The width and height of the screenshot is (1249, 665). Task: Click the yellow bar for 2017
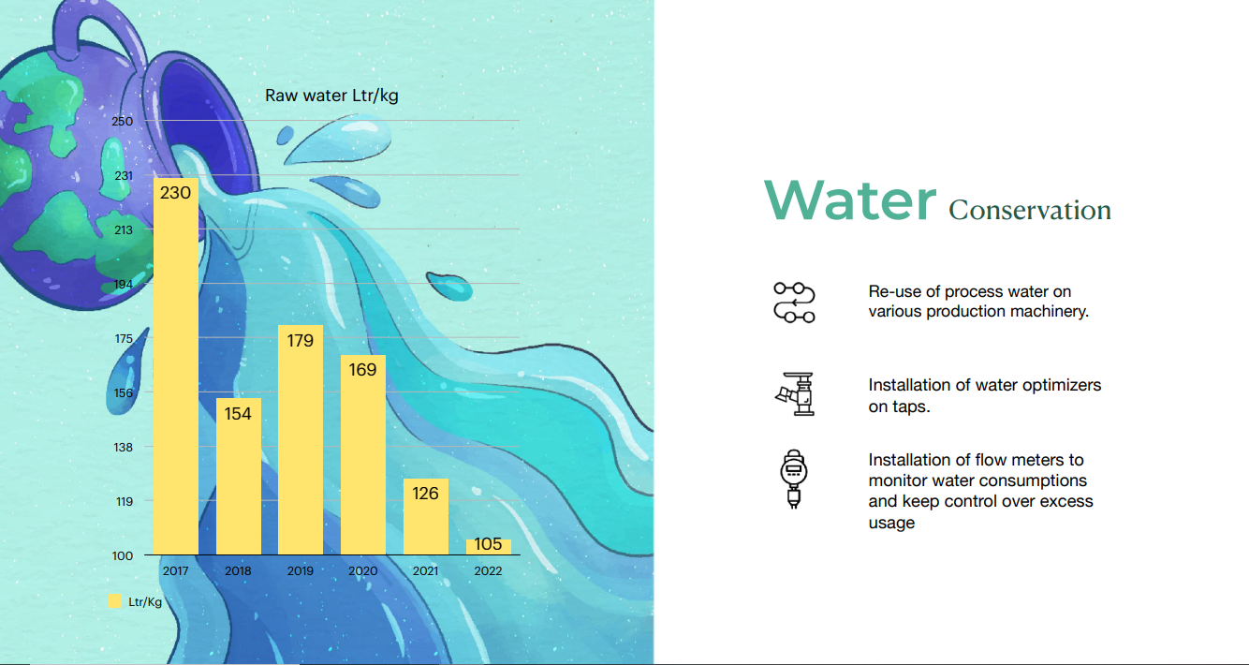176,366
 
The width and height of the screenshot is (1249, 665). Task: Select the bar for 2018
238,477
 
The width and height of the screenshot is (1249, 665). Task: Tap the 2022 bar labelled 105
489,547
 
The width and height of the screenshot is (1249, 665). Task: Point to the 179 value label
301,340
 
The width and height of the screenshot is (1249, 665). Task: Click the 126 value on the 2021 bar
425,494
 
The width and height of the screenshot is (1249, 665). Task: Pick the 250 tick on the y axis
122,121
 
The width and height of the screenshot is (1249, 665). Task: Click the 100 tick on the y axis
122,555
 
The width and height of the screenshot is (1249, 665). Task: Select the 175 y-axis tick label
124,339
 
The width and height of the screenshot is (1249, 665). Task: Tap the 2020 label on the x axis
363,570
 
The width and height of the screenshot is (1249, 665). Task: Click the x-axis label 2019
301,570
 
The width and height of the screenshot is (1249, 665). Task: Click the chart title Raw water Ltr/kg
331,96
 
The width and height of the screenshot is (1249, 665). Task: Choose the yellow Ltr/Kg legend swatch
115,601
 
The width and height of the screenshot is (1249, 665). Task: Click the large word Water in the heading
850,200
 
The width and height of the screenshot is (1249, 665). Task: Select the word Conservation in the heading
1030,211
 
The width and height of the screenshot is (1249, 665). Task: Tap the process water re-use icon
795,303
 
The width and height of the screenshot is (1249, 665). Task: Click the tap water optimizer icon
795,394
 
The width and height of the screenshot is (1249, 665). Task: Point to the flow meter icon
794,480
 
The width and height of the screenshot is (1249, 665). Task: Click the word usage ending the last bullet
891,523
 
